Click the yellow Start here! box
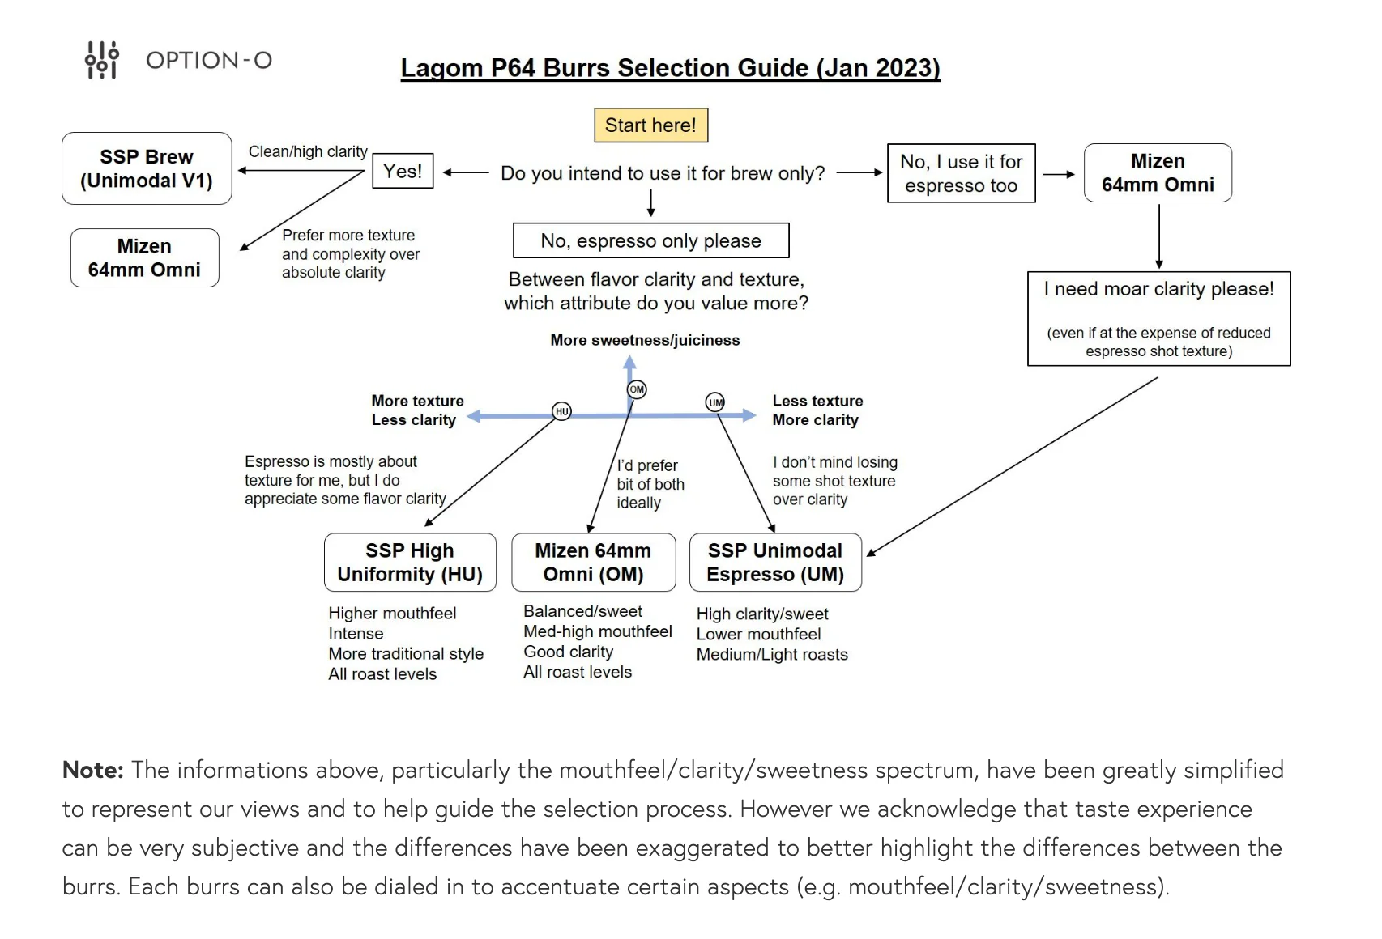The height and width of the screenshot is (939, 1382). pos(650,125)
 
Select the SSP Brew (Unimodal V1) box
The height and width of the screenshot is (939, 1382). pos(147,168)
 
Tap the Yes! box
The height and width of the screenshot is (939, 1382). pos(403,171)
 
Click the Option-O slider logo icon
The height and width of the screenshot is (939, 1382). pos(102,60)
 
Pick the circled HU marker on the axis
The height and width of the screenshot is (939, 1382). pos(561,411)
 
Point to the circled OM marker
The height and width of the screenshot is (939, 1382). pos(637,389)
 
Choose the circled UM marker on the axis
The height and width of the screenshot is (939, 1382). pos(715,402)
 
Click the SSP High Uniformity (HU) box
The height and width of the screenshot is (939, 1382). pos(410,563)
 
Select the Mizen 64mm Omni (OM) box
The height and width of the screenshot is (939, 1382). pos(594,563)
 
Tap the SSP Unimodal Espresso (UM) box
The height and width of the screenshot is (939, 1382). pos(775,563)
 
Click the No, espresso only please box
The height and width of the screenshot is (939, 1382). pos(650,240)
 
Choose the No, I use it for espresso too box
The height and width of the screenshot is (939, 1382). pos(962,173)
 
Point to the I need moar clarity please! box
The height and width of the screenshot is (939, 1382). pos(1158,319)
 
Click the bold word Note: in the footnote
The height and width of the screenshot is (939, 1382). pos(93,770)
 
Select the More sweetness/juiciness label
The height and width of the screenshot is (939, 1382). pos(645,340)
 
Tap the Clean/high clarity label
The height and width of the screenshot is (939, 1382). pos(308,151)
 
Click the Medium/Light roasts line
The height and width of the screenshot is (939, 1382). pos(772,655)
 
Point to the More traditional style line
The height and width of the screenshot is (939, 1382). pos(405,654)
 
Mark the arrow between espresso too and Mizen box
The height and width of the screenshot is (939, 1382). pos(1059,175)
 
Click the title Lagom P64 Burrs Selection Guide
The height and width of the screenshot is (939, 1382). pos(671,68)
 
